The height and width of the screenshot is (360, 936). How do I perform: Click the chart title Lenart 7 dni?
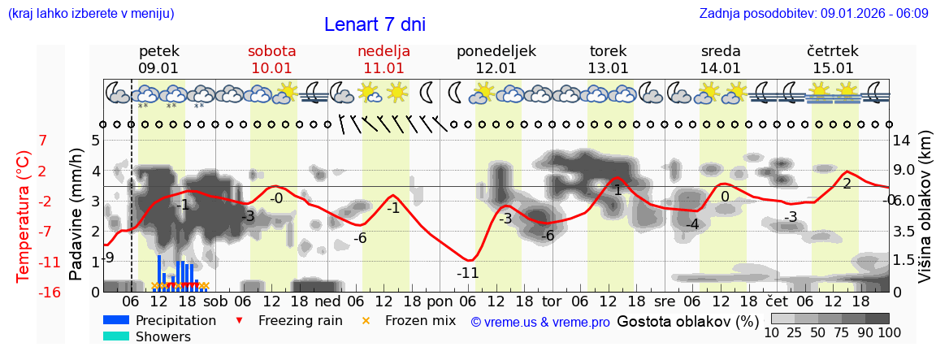375,24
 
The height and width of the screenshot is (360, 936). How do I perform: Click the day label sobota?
271,51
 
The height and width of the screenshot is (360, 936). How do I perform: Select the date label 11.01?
383,68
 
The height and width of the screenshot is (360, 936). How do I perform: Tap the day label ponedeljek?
496,51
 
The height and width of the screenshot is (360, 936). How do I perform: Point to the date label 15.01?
833,68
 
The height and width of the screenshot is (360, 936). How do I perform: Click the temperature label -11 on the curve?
467,273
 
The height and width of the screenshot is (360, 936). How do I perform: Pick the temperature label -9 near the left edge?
109,258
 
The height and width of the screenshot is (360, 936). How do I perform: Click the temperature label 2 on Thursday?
847,184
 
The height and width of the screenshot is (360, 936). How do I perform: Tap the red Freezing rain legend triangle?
238,320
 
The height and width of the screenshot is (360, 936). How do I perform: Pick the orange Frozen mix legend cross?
366,320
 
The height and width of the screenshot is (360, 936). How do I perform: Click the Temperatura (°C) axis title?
24,216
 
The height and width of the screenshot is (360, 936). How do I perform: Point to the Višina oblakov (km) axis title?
925,216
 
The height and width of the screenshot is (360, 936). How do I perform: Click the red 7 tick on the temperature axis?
43,141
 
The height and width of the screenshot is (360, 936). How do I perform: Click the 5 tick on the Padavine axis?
95,141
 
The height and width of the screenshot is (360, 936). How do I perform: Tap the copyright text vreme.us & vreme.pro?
540,322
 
